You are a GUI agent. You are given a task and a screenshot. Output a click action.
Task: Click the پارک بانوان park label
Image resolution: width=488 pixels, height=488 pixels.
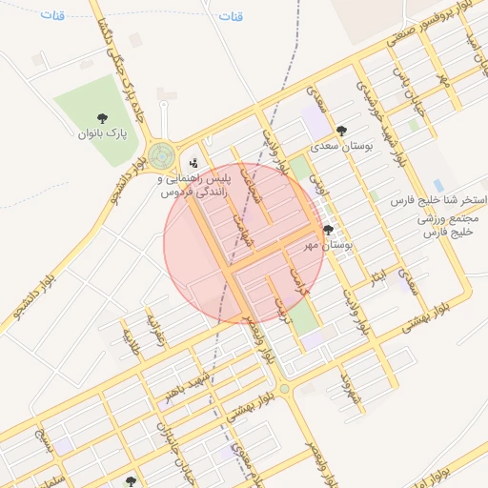pos(102,133)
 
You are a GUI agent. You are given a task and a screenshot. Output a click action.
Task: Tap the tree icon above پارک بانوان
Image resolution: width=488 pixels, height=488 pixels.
pos(102,118)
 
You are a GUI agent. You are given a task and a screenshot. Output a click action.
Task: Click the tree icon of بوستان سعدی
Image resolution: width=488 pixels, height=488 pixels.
pos(342,131)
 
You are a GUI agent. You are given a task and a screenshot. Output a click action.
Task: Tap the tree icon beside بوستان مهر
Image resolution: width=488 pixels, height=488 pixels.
pos(328,230)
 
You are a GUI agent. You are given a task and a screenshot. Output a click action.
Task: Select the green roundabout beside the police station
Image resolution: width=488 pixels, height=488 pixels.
pos(162,153)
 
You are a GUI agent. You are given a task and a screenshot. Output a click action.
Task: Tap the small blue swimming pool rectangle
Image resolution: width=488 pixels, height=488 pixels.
pos(437,185)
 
